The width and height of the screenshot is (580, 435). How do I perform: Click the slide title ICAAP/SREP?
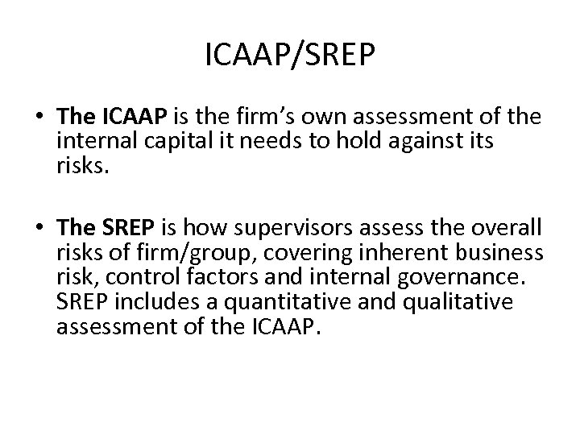point(290,58)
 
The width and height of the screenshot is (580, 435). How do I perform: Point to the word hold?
point(386,142)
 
